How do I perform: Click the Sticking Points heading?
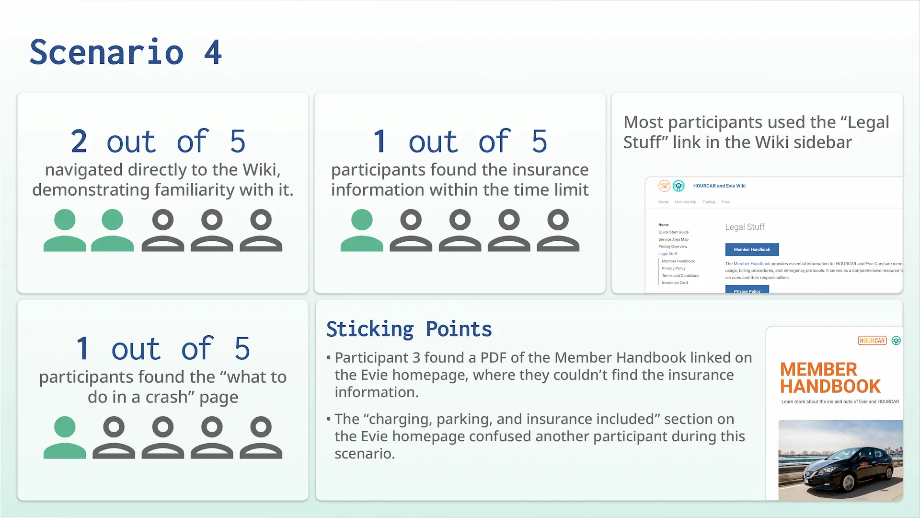click(409, 329)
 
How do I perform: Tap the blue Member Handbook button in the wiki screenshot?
click(752, 249)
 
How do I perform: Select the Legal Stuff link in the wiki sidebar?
click(667, 254)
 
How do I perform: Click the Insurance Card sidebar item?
click(675, 283)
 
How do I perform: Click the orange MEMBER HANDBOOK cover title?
click(830, 377)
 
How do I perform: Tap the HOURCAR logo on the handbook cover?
click(872, 341)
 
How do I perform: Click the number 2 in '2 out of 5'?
click(79, 141)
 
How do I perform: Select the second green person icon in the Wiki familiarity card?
click(112, 230)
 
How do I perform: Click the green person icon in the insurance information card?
click(362, 230)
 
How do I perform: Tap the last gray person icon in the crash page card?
click(261, 437)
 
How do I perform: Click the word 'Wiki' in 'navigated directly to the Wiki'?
click(261, 170)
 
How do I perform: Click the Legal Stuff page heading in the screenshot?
click(745, 227)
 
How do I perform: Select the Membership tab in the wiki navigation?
click(685, 202)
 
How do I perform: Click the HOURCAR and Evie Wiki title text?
click(719, 186)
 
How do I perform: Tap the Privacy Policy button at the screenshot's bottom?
click(747, 290)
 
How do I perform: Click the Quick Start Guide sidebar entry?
click(673, 232)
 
